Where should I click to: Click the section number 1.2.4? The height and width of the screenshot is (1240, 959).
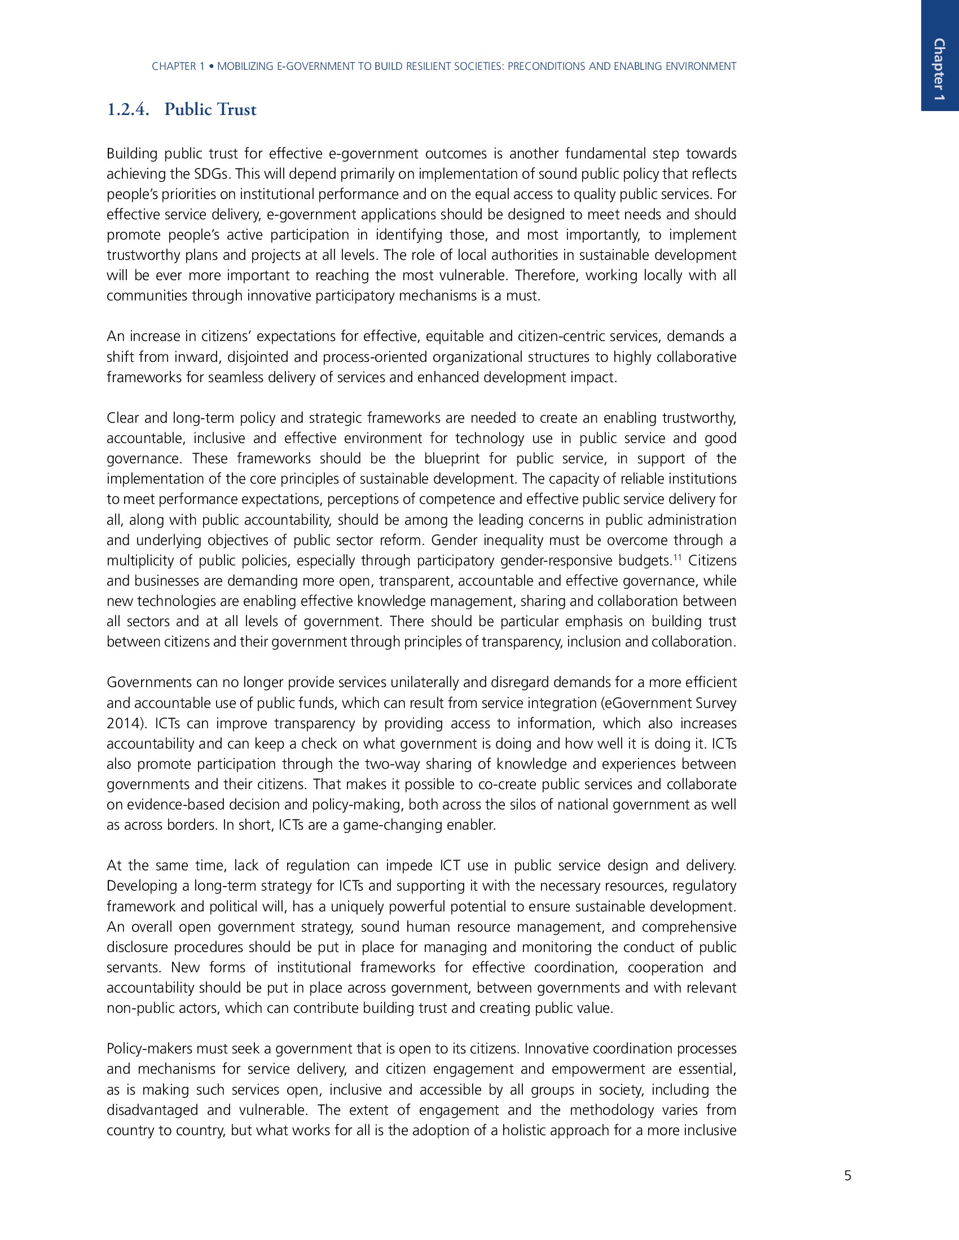[128, 109]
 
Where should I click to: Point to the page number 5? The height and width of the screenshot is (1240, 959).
[848, 1176]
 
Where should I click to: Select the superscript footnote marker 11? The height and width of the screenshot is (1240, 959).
[676, 557]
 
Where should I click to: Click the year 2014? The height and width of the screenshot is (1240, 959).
[121, 723]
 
